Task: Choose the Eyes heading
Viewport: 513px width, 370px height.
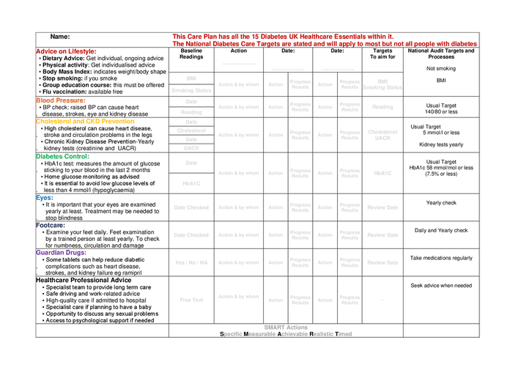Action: tap(45, 197)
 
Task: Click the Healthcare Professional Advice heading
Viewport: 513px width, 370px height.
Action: tap(84, 280)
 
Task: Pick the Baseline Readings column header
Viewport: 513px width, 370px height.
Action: tap(191, 53)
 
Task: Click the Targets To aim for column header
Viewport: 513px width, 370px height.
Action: tap(383, 53)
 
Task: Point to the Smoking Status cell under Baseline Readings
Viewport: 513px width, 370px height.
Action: tap(191, 90)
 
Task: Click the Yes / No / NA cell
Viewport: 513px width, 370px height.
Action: tap(191, 262)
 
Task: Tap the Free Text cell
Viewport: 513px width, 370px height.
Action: tap(191, 300)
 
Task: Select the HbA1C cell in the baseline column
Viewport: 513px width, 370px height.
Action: tap(191, 183)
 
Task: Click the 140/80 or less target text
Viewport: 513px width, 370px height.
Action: tap(441, 112)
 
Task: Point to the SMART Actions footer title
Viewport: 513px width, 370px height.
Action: tap(286, 327)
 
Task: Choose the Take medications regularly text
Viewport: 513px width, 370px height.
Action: tap(441, 258)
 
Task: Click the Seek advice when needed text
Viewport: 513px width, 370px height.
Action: tap(441, 286)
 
